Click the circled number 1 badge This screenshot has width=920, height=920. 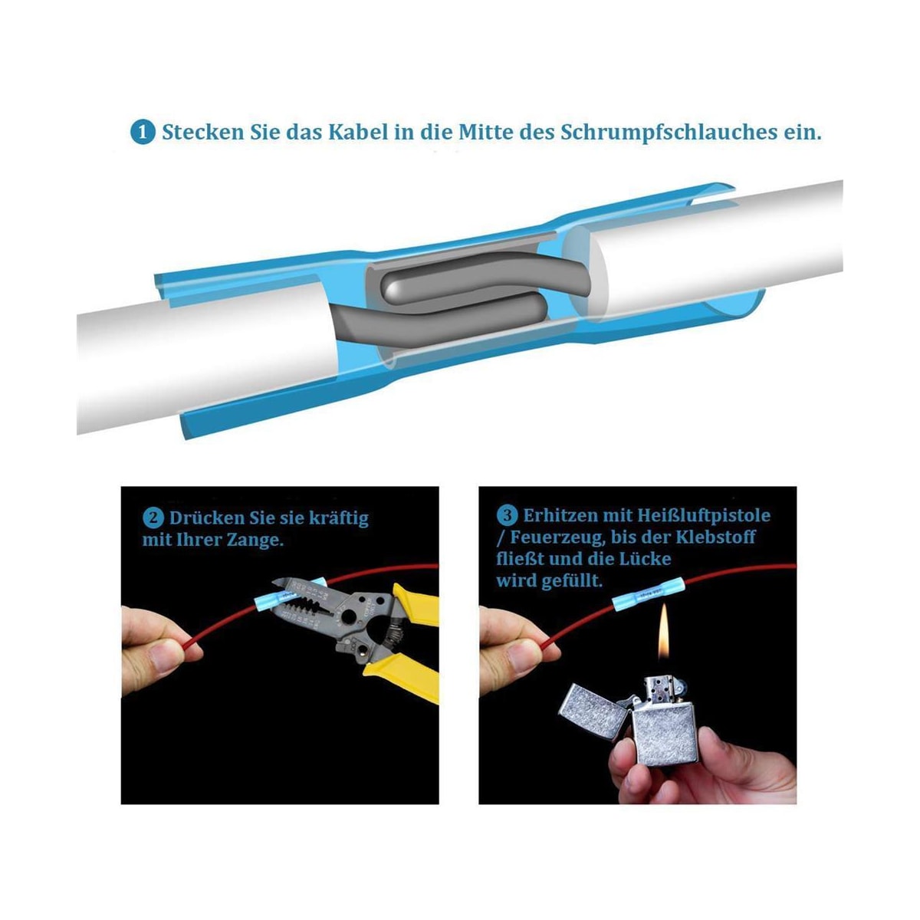pos(143,132)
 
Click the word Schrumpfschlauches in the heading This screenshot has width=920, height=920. pos(669,132)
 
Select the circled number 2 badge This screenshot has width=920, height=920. pos(153,518)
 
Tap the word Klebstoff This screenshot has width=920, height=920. pos(715,537)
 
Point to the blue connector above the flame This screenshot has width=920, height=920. pos(649,594)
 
